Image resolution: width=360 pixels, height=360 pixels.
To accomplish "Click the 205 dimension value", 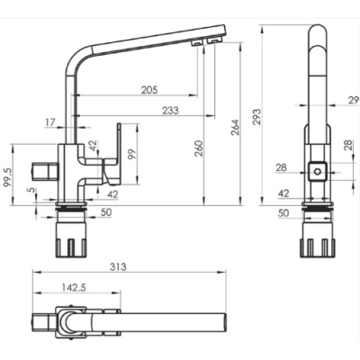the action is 149,90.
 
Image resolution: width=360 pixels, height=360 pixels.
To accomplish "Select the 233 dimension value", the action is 170,111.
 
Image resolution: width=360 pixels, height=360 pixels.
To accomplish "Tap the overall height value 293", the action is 256,117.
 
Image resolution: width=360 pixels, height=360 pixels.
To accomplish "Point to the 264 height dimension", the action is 235,128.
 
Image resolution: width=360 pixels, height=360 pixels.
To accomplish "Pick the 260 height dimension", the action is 198,148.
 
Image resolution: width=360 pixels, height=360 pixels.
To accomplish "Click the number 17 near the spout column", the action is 50,122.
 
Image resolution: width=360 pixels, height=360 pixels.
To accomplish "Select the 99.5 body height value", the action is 7,177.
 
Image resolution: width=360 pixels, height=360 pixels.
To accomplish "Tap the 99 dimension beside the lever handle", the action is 131,154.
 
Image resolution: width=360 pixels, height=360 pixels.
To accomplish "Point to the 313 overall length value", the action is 118,266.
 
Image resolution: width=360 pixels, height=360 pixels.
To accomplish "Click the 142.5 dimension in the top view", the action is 74,287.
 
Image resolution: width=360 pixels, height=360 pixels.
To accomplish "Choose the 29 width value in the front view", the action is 354,100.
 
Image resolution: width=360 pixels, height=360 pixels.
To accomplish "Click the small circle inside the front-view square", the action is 317,172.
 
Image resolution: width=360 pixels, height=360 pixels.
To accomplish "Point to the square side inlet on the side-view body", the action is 44,171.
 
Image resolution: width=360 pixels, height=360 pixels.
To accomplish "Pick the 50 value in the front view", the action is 283,213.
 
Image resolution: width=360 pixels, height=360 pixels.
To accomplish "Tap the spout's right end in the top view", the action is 225,323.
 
